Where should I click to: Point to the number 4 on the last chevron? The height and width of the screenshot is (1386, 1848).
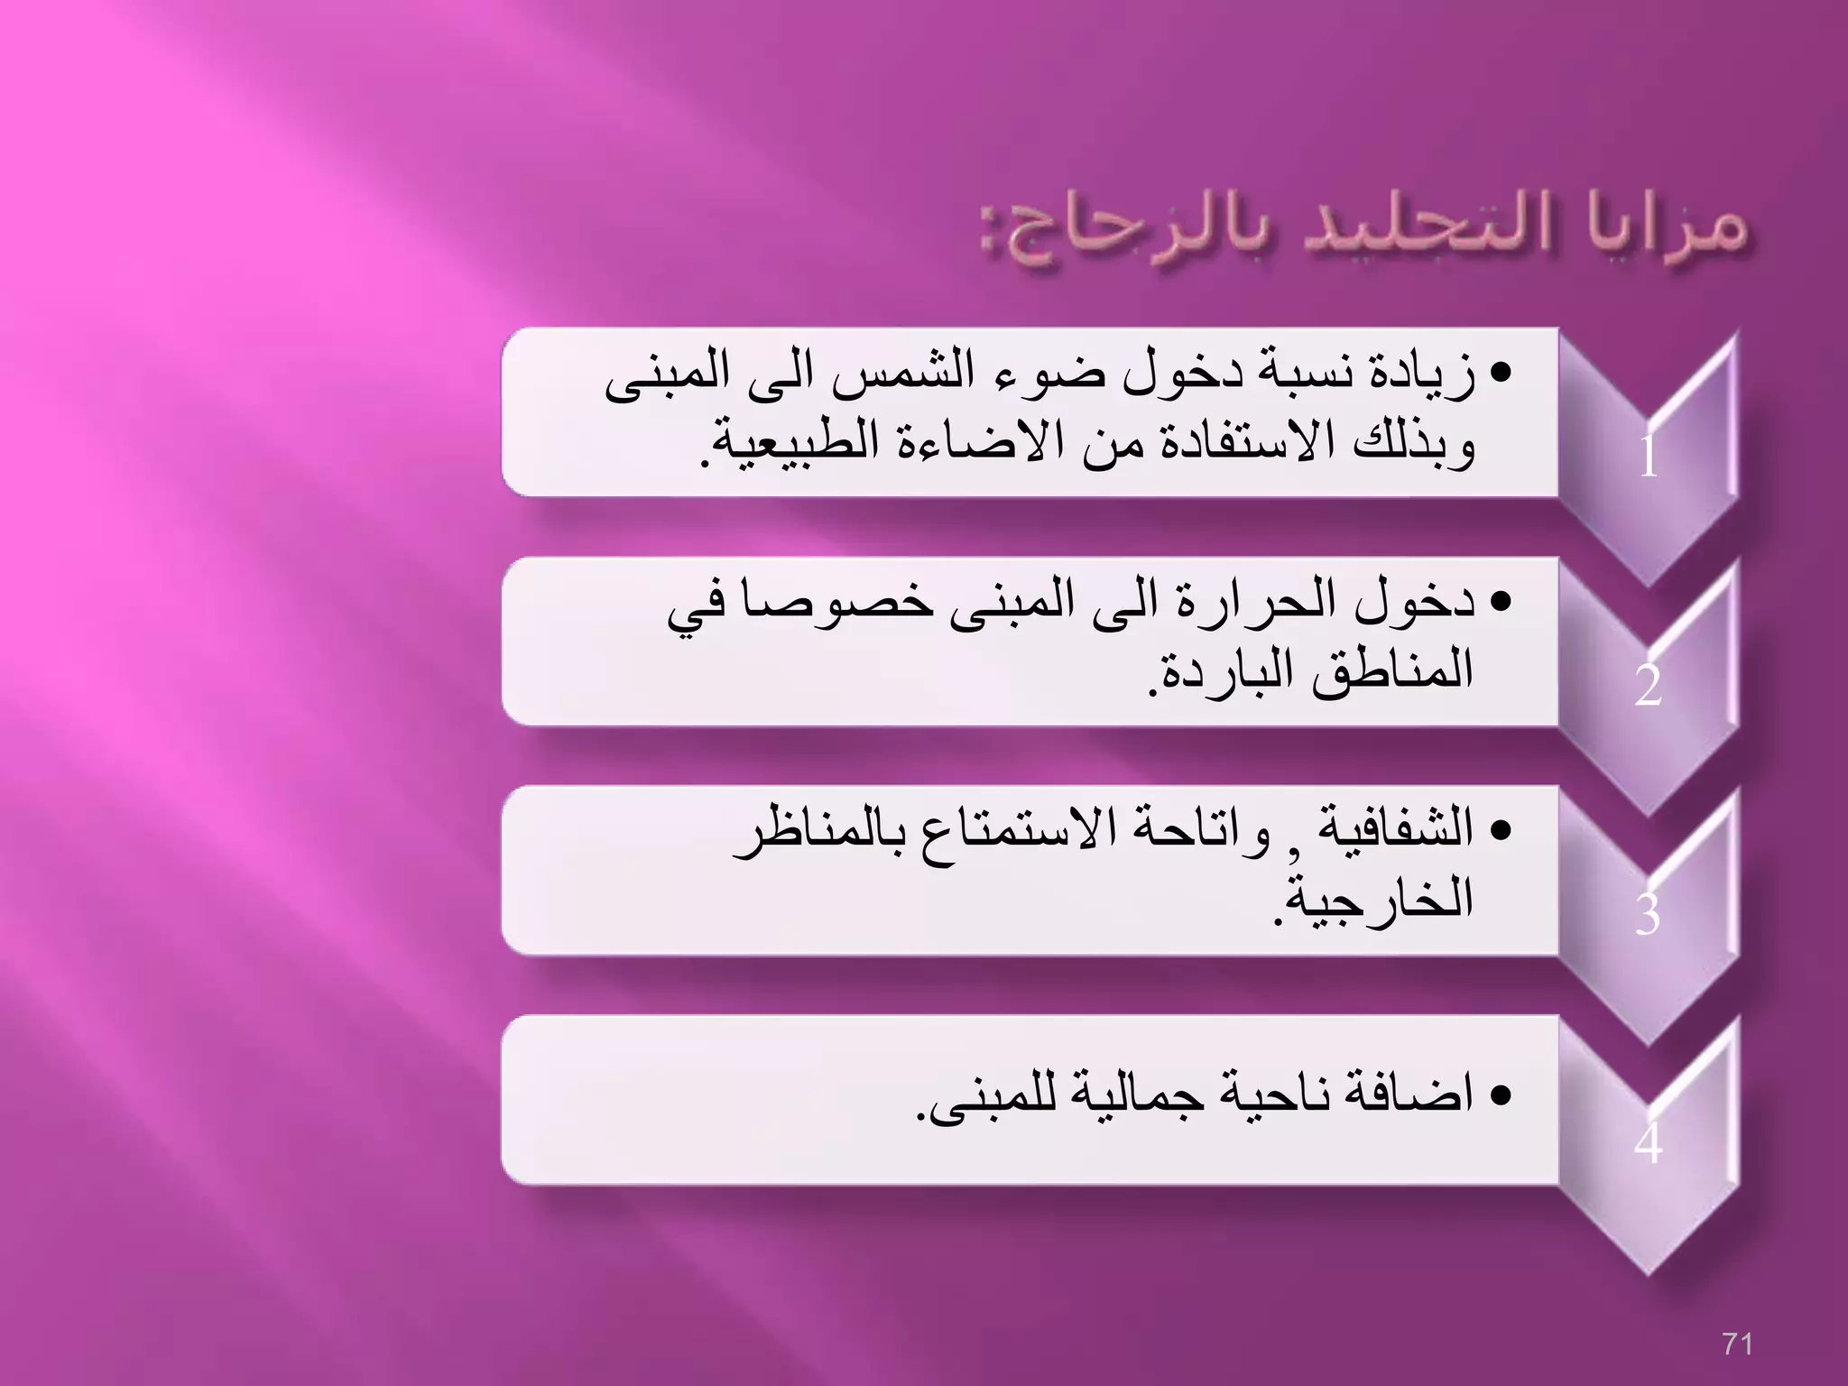pos(1648,1143)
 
